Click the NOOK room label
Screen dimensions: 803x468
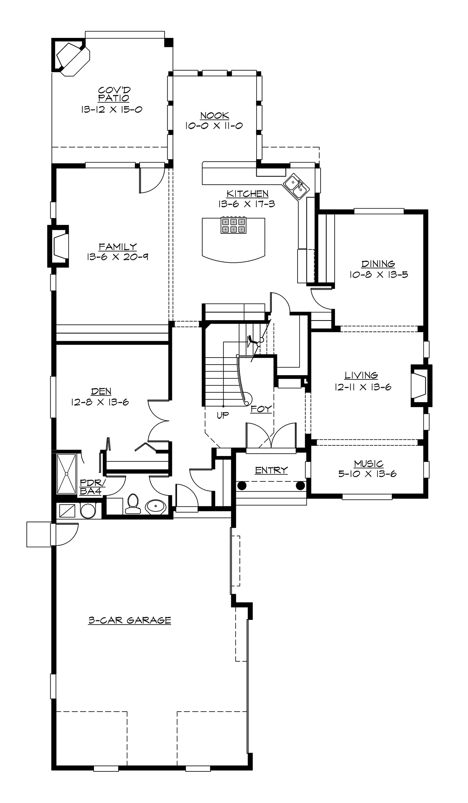[x=214, y=116]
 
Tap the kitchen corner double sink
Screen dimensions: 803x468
[x=296, y=187]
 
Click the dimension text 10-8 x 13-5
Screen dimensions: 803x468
[x=378, y=274]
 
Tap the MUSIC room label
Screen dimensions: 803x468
[x=369, y=464]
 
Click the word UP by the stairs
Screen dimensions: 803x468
[x=223, y=415]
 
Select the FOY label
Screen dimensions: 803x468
[x=261, y=409]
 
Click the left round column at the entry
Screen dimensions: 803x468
[x=242, y=486]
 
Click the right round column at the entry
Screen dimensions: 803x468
[x=300, y=486]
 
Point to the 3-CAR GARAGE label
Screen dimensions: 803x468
[x=129, y=620]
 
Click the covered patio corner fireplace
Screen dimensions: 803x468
[x=73, y=56]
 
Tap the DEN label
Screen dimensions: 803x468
[x=101, y=391]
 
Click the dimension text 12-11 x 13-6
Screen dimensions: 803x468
[x=362, y=387]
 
